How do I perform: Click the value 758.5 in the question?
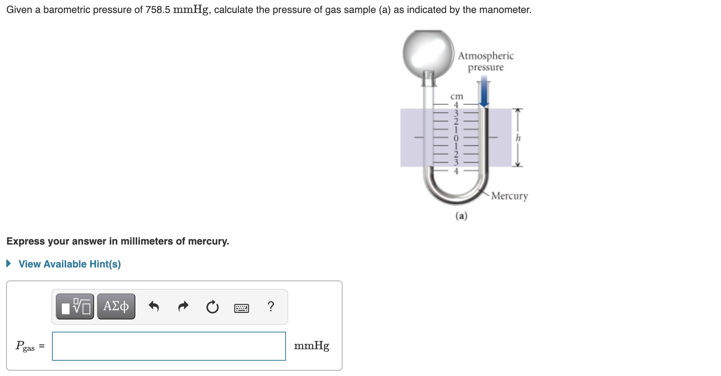(x=158, y=10)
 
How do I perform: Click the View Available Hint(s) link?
(x=70, y=264)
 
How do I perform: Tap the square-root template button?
(x=75, y=306)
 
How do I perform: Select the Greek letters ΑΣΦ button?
(x=116, y=306)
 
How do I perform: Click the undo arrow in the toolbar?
(x=154, y=306)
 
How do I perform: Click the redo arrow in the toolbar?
(x=183, y=306)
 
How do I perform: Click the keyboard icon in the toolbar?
(x=241, y=308)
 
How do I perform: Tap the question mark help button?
(x=271, y=306)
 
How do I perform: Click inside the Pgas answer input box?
(x=169, y=346)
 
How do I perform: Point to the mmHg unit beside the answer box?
(x=311, y=346)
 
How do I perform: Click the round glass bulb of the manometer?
(x=428, y=53)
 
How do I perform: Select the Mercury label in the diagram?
(x=509, y=196)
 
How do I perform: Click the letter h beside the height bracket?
(x=518, y=138)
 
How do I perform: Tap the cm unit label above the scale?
(x=456, y=96)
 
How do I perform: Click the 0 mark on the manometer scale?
(x=456, y=137)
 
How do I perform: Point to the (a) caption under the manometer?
(x=461, y=216)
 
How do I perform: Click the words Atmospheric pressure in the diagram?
(x=486, y=62)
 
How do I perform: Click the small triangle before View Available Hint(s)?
(x=9, y=264)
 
